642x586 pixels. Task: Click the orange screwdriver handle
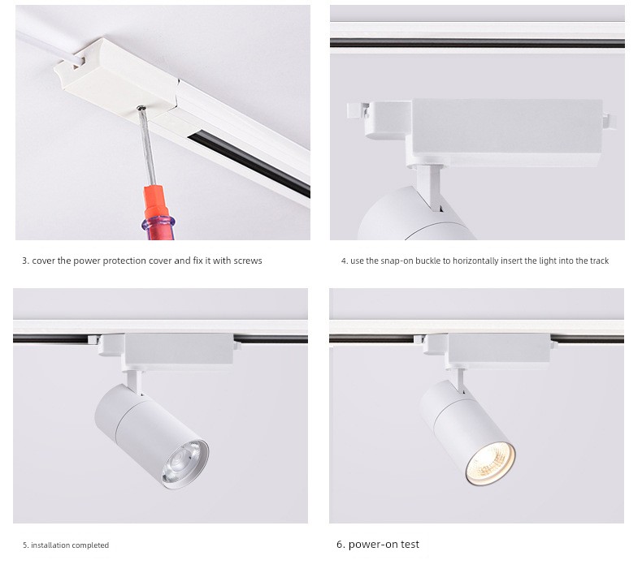pos(158,212)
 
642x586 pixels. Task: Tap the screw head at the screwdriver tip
pos(141,108)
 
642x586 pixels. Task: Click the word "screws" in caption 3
pos(248,261)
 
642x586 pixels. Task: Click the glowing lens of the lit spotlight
pos(490,464)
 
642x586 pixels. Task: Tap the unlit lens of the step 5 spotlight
pos(185,464)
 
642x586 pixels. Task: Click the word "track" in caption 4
pos(599,261)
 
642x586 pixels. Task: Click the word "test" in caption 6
pos(410,545)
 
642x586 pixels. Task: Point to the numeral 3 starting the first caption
pos(25,261)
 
